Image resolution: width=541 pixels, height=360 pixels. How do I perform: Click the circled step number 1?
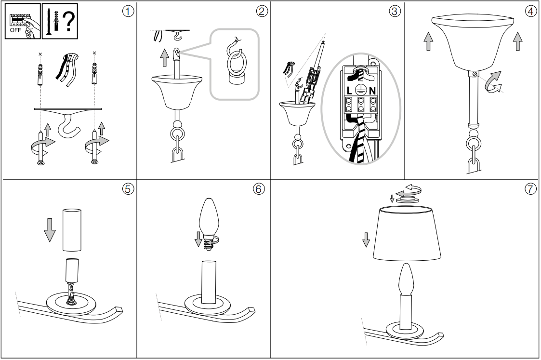(128, 12)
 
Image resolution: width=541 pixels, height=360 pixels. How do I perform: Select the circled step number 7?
(530, 189)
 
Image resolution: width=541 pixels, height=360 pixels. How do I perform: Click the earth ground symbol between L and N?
(360, 89)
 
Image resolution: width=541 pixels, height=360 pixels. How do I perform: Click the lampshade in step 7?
(407, 233)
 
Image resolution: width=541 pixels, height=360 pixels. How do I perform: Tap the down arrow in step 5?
(50, 229)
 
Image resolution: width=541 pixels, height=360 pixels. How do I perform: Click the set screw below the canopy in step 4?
(475, 74)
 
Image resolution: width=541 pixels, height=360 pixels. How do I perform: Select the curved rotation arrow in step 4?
(494, 81)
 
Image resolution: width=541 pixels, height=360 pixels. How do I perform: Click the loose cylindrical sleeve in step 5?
(72, 230)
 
